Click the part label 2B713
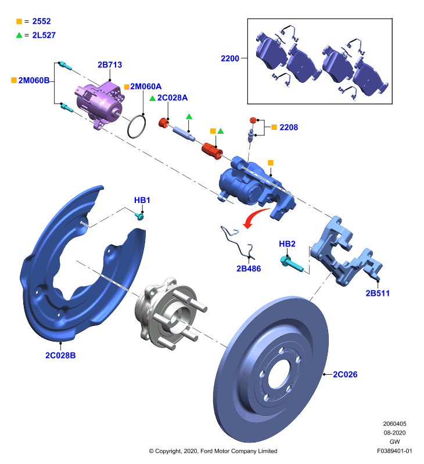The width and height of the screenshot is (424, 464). (110, 65)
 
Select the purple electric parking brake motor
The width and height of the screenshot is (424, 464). (99, 104)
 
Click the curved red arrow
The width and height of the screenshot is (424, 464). (255, 216)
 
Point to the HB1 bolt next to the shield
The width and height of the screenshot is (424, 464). (139, 216)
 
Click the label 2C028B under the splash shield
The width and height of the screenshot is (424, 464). (60, 356)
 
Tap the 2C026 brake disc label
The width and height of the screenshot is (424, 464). (345, 375)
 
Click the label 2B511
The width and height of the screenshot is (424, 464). (378, 293)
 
